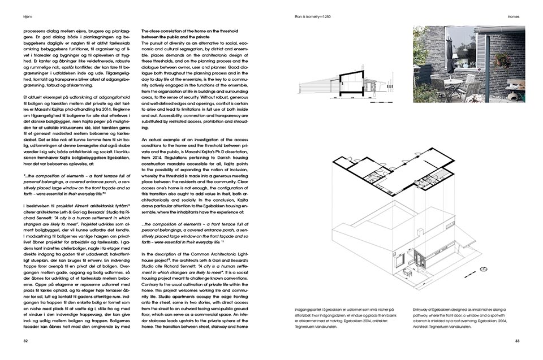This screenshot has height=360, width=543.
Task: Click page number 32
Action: [x=25, y=341]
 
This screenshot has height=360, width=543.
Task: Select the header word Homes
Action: [x=513, y=17]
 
